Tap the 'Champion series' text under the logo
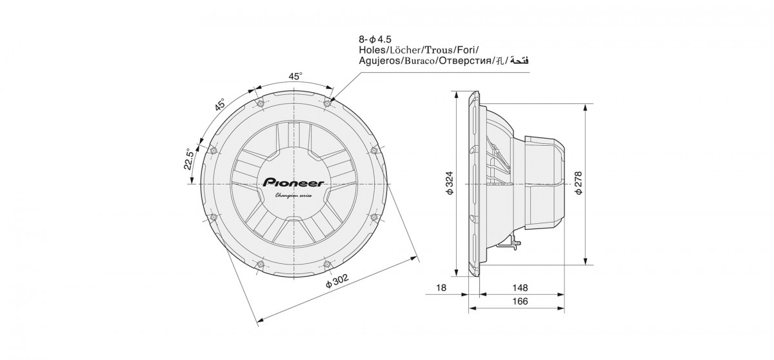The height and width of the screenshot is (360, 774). [x=294, y=195]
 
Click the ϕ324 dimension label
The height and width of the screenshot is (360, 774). [x=450, y=185]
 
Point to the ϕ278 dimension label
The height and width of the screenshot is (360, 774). [x=577, y=184]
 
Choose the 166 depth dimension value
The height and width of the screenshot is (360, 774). [x=520, y=301]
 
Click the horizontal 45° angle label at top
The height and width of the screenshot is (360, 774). [x=295, y=76]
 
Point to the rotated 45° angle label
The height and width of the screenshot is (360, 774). [x=219, y=105]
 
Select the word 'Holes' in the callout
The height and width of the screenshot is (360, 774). [x=372, y=50]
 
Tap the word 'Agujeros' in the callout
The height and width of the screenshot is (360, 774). [x=378, y=61]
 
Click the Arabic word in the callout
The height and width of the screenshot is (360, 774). [x=519, y=61]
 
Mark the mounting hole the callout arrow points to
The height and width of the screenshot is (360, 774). [x=328, y=103]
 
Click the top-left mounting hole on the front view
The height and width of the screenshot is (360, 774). [x=260, y=103]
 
